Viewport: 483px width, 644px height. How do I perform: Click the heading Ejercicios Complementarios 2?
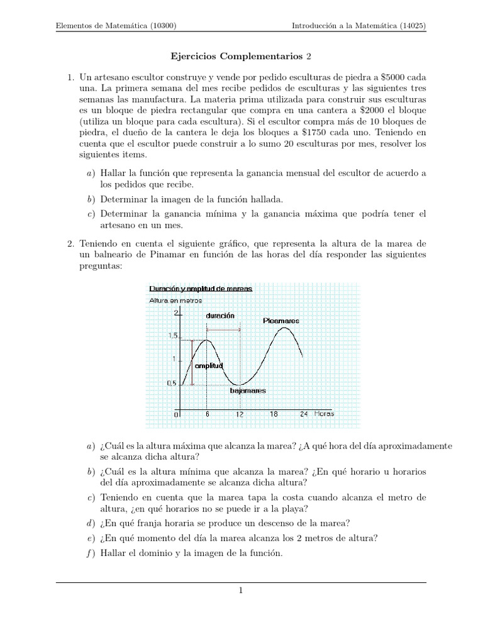241,57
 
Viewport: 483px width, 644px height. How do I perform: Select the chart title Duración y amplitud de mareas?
201,289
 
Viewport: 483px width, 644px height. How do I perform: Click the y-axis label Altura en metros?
175,301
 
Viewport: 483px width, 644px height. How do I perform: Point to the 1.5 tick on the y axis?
172,336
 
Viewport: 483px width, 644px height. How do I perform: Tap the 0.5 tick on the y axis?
172,383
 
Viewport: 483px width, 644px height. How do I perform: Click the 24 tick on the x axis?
303,414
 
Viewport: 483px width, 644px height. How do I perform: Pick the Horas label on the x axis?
325,414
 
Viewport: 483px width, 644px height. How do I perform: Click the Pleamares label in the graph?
281,321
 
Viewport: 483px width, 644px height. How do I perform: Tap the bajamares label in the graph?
247,391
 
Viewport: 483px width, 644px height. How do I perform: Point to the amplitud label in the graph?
209,365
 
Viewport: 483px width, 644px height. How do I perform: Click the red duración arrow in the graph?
223,330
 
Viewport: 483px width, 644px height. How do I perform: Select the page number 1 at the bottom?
241,591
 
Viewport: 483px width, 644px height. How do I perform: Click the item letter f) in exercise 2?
91,553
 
